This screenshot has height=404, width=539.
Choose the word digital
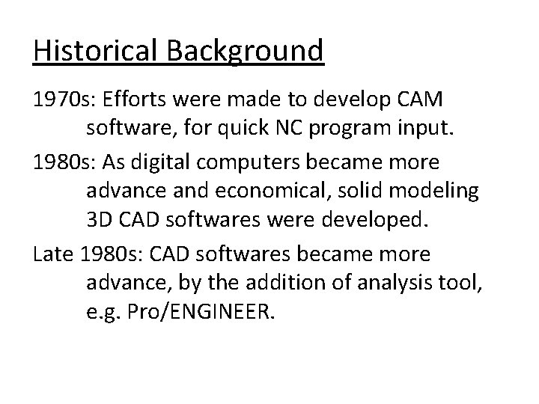click(177, 162)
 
